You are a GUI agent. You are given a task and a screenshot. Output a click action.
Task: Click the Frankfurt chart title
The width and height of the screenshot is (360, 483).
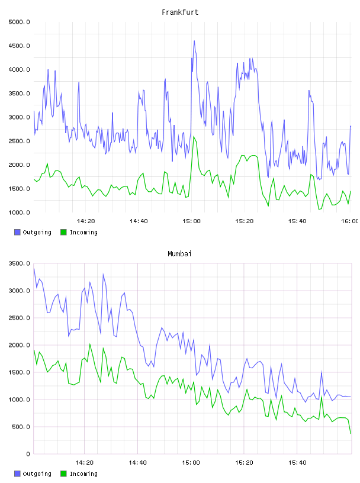180,12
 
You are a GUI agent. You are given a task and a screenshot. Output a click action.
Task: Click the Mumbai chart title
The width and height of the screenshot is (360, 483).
179,254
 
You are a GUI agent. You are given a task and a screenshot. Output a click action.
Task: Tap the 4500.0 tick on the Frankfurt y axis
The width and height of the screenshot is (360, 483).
19,46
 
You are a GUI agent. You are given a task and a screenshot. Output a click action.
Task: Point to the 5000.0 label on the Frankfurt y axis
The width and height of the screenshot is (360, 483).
19,22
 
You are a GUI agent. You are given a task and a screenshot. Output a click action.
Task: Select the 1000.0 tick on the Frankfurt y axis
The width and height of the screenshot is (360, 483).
19,212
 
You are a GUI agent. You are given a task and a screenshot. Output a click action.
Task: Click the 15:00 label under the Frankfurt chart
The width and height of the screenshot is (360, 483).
191,221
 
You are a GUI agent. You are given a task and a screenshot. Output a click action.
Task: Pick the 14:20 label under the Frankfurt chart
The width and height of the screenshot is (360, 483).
86,221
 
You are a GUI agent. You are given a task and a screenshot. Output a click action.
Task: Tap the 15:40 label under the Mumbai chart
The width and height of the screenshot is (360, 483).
297,463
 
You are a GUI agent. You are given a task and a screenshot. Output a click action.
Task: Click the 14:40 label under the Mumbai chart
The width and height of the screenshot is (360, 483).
137,463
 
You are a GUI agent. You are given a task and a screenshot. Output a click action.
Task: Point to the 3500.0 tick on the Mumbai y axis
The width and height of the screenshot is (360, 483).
19,263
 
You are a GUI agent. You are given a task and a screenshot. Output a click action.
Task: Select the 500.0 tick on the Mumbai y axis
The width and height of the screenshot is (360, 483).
21,427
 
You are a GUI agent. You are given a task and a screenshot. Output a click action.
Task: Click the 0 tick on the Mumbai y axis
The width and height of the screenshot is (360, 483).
28,454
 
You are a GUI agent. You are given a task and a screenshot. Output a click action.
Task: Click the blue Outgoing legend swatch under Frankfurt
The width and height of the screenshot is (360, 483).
17,232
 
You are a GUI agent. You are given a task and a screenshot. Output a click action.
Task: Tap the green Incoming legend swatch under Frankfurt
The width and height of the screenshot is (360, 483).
63,232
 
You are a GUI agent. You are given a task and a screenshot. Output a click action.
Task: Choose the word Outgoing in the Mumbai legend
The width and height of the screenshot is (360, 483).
37,474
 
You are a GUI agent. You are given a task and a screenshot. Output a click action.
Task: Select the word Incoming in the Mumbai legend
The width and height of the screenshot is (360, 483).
83,474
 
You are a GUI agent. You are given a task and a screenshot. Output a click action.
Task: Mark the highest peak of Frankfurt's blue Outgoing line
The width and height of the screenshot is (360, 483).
194,41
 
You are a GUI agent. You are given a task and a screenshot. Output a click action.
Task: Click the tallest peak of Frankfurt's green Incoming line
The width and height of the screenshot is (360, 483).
194,137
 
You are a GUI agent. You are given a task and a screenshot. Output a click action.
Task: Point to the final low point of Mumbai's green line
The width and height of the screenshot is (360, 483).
351,433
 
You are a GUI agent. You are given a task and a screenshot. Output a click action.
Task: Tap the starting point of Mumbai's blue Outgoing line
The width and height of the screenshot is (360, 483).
34,269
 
